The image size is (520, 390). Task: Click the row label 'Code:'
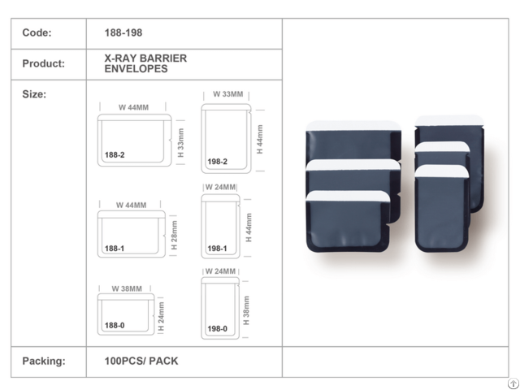pos(37,33)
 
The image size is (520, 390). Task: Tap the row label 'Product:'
pos(44,63)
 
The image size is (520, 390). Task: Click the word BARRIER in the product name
pos(164,58)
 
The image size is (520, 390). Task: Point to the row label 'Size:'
pos(34,94)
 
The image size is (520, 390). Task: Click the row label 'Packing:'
pos(43,360)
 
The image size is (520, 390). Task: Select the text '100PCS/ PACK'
pos(141,360)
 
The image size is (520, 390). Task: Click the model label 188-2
pos(115,154)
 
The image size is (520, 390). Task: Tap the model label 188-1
pos(115,249)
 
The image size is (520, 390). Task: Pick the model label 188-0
pos(115,325)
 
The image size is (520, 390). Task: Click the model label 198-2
pos(217,162)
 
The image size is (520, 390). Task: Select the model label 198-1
pos(217,248)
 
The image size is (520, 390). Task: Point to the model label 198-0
pos(217,329)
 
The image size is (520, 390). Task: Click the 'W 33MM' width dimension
pos(227,94)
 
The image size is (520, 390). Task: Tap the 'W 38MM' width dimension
pos(126,288)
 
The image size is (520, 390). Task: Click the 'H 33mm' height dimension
pos(181,142)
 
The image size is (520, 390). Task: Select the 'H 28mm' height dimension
pos(174,235)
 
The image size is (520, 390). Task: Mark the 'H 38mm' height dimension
pos(246,310)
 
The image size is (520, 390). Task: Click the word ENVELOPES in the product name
pos(137,69)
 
